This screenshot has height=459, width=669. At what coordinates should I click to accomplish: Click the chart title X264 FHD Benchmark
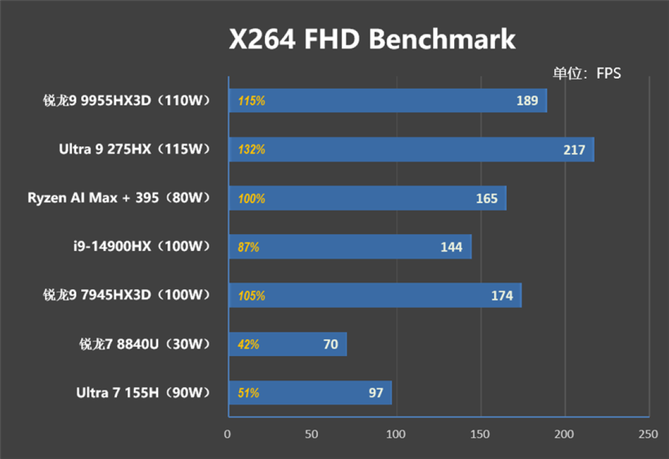pos(372,40)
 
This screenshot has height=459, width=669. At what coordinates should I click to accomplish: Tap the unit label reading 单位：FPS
pos(587,73)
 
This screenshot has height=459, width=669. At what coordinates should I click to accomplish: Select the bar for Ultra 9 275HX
pos(411,149)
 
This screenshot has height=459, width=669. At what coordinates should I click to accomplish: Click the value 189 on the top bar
pos(527,100)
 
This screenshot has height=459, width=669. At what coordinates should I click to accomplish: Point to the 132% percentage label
pos(251,149)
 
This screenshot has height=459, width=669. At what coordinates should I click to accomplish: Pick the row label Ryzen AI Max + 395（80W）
pos(120,198)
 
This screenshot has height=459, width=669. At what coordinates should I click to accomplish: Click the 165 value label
pos(486,198)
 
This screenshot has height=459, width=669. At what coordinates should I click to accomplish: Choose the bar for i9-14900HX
pos(350,247)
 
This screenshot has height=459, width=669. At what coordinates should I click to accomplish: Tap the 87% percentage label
pos(248,247)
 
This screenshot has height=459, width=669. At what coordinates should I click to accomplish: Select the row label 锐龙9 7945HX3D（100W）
pos(127,295)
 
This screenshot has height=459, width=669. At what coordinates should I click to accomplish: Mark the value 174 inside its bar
pos(502,295)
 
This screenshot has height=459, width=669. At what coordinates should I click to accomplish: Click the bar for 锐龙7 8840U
pos(287,344)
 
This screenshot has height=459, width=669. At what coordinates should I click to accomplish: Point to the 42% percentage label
pos(248,344)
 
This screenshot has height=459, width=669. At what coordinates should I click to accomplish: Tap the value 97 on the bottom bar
pos(375,393)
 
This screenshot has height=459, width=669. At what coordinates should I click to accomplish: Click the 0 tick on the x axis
pos(228,434)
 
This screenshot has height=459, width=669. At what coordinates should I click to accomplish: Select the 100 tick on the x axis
pos(396,434)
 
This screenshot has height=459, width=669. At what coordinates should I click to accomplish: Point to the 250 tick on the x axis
pos(648,434)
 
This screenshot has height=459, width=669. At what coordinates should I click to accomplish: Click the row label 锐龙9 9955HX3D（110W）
pos(127,100)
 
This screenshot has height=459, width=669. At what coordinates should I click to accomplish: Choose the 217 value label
pos(574,149)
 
